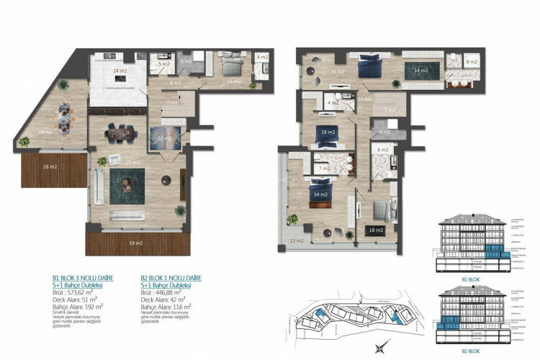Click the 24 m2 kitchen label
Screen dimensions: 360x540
(x=120, y=71)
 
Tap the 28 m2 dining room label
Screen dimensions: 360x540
(x=46, y=131)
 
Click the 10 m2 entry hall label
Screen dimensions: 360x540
(x=165, y=138)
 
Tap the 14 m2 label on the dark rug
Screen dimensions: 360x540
(x=420, y=71)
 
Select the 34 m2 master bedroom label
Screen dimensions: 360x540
(x=320, y=194)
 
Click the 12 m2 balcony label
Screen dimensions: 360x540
(x=296, y=240)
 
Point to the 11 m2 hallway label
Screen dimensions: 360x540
(x=365, y=99)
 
